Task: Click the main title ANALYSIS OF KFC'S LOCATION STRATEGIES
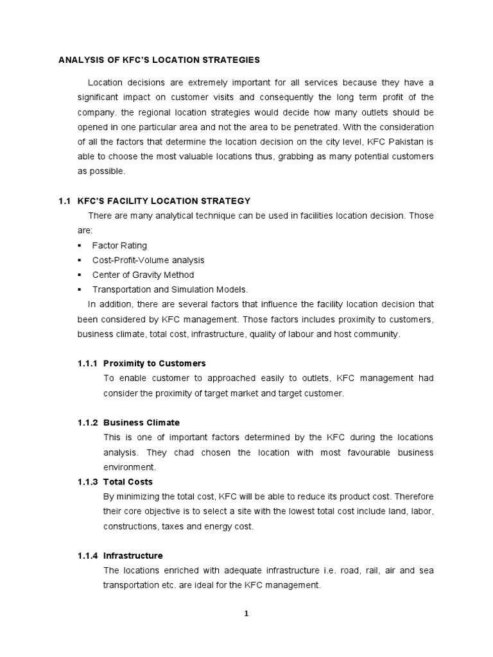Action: click(159, 60)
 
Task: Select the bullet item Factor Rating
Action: click(119, 245)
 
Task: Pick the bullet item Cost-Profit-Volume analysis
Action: click(148, 260)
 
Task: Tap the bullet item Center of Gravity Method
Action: click(143, 275)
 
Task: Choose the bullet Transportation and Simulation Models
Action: click(170, 289)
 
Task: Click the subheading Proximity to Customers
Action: click(154, 363)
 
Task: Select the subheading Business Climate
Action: click(141, 423)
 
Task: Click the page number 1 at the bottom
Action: click(246, 613)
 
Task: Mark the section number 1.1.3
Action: click(87, 482)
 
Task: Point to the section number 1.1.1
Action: click(87, 363)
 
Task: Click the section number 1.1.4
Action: click(87, 556)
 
